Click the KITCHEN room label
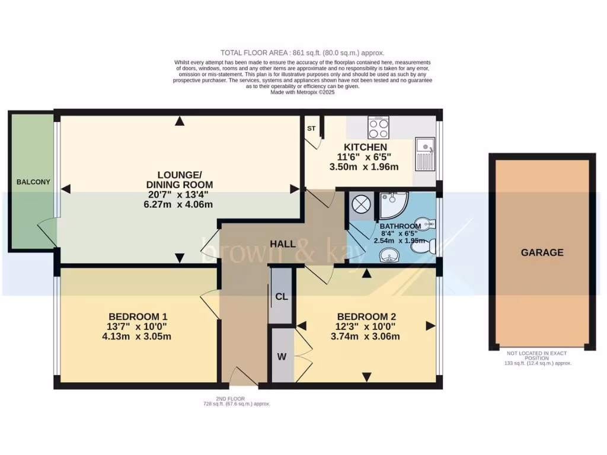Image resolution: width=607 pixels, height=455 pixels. coord(366,147)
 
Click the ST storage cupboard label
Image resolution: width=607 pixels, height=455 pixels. coord(311,129)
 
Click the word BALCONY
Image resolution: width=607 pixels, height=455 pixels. coord(33,182)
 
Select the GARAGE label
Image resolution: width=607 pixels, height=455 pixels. coord(542,252)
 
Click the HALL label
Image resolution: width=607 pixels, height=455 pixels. coord(283,244)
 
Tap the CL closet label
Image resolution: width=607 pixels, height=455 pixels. coord(281,297)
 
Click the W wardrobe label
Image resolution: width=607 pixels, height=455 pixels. coord(282,357)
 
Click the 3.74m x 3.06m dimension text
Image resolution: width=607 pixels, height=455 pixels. coord(366,337)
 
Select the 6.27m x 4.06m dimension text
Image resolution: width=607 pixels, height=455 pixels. coord(179,204)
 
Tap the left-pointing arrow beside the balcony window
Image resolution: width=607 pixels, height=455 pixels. coord(66,189)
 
